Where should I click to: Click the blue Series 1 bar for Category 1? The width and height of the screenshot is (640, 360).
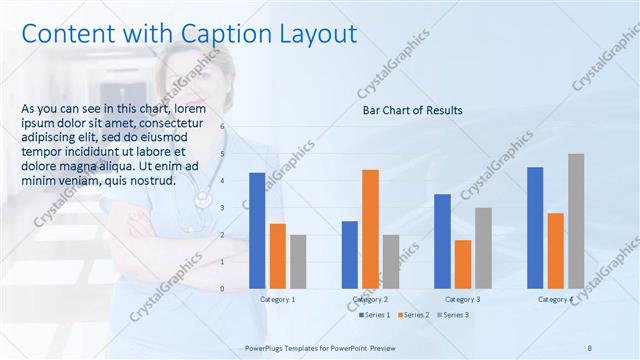(257, 230)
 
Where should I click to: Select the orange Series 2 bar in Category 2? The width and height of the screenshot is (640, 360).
(370, 229)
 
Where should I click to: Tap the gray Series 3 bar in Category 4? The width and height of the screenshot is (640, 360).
(576, 221)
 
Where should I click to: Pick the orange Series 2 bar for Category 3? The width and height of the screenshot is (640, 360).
(462, 264)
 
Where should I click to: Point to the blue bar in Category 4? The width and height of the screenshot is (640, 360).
(535, 227)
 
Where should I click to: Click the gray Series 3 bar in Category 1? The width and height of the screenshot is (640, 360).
(299, 261)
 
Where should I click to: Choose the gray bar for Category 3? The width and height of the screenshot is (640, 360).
(483, 248)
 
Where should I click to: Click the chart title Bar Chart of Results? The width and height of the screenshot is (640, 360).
(412, 110)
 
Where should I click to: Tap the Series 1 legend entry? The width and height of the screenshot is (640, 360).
(373, 315)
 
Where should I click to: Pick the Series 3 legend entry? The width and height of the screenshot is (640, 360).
(452, 315)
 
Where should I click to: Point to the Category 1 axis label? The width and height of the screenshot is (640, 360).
(278, 299)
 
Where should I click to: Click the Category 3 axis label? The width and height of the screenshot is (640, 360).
(462, 299)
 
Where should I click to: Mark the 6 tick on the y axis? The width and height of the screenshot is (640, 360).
(223, 128)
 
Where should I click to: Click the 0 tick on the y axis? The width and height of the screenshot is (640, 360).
(223, 288)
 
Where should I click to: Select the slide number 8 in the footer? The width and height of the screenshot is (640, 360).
(589, 347)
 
